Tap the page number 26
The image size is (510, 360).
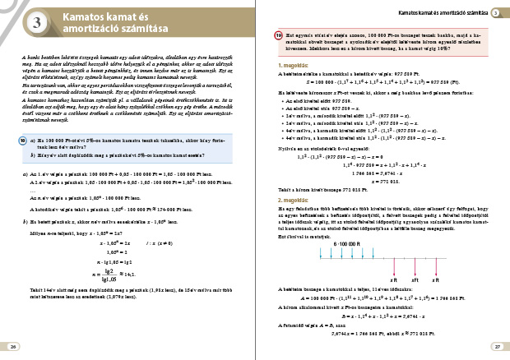pyautogui.click(x=12, y=347)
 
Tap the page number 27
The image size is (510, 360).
pyautogui.click(x=497, y=347)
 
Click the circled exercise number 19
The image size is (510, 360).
pyautogui.click(x=279, y=36)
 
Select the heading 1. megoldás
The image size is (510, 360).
pyautogui.click(x=292, y=64)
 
